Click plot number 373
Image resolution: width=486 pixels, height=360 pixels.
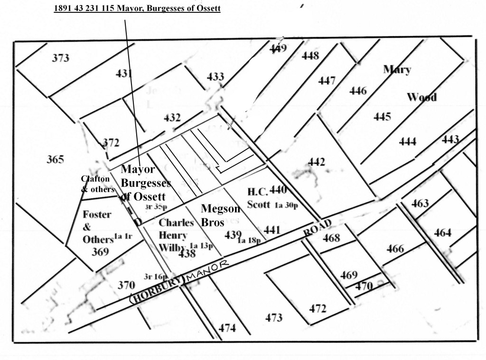(x=61, y=58)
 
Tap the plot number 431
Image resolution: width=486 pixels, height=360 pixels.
(x=124, y=74)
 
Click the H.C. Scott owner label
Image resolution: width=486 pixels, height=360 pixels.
(x=259, y=198)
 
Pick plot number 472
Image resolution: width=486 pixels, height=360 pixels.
(x=318, y=309)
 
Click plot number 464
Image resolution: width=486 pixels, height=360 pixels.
(x=442, y=233)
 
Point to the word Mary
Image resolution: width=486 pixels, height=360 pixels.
(x=397, y=70)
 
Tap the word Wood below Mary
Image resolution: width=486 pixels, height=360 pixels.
(x=422, y=98)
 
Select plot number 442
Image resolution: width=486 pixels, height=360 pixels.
(x=316, y=163)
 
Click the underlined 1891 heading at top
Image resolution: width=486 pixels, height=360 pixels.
(x=138, y=9)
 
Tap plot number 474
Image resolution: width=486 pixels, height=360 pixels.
(x=227, y=327)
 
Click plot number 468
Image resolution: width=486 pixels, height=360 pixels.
(x=331, y=238)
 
